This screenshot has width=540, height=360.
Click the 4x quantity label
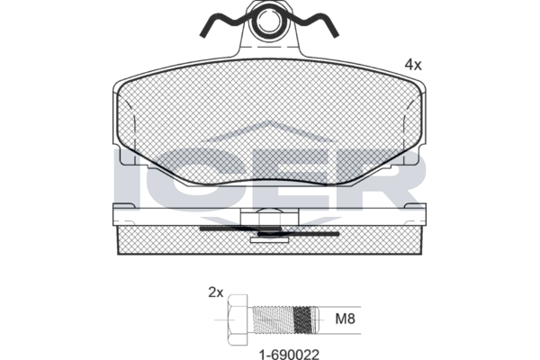[x=413, y=65]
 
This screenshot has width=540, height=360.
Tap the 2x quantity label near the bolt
[x=216, y=292]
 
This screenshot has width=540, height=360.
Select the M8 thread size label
[x=345, y=319]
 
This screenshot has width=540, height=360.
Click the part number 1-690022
[x=289, y=354]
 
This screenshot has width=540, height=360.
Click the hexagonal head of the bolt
[x=238, y=319]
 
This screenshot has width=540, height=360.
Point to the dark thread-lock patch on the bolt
[x=303, y=320]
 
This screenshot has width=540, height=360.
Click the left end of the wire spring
[x=202, y=35]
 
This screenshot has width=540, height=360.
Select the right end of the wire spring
[x=337, y=35]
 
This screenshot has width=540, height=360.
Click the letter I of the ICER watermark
[x=126, y=178]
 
